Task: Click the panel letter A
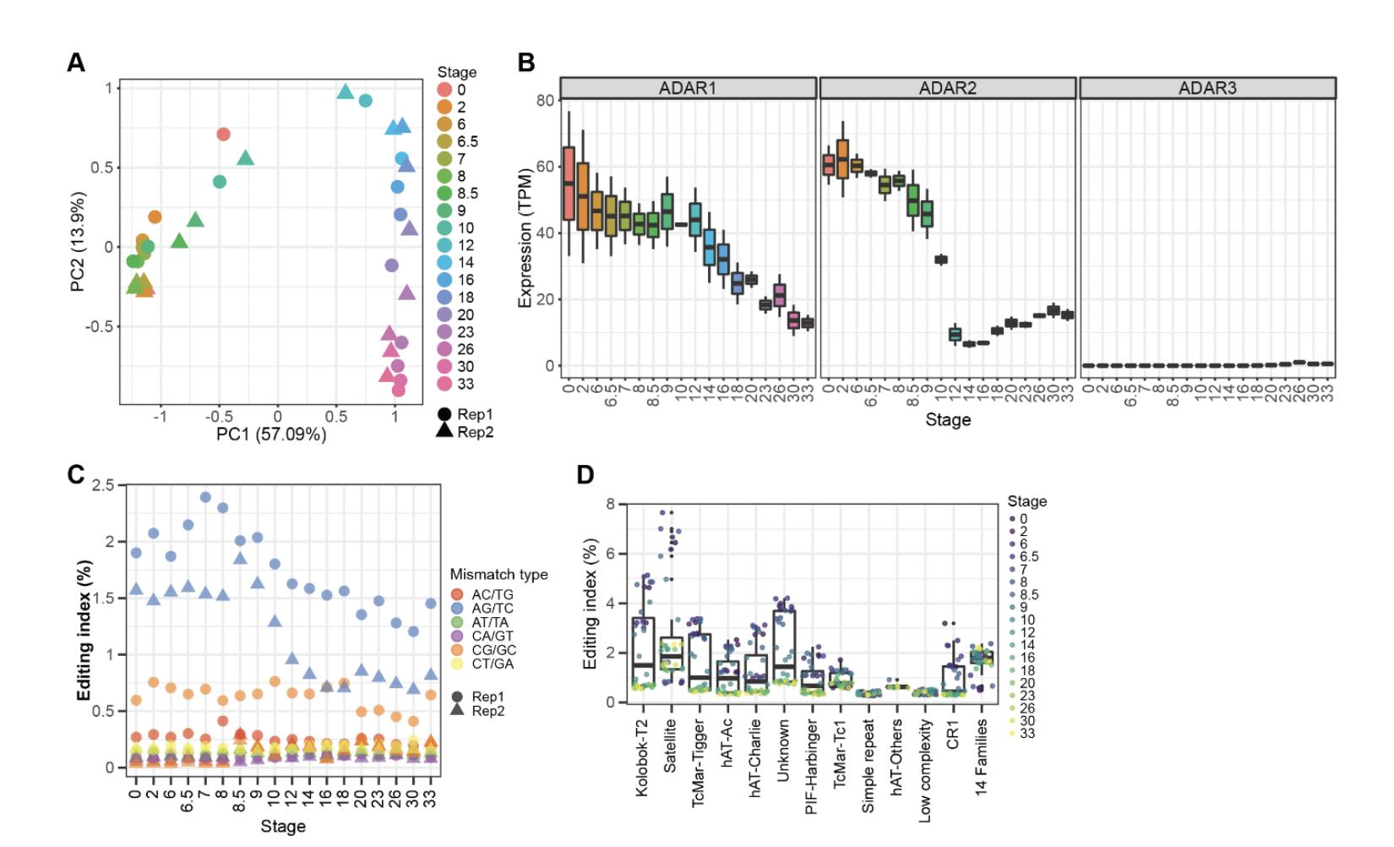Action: [76, 63]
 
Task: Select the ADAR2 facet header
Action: [947, 88]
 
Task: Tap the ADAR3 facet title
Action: [1207, 88]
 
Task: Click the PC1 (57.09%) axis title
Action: [271, 434]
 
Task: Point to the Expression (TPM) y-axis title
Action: [525, 238]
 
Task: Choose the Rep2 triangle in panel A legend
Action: [444, 431]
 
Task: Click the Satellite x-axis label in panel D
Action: [671, 746]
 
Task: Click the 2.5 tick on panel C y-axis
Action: [104, 485]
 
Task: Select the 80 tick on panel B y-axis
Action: [545, 100]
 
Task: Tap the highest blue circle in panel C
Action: [205, 497]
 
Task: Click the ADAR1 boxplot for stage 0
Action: [569, 183]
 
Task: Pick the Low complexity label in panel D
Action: [925, 771]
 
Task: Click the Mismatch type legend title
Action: [498, 575]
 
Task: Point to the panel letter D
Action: [585, 475]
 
